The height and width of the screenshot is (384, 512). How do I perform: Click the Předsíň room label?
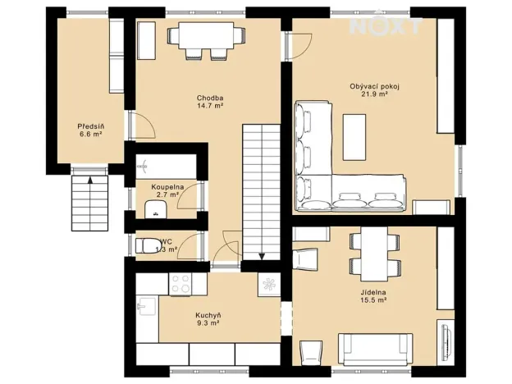click(90, 126)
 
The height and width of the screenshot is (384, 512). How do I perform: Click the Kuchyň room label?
click(208, 315)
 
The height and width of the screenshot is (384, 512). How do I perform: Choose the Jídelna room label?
click(373, 293)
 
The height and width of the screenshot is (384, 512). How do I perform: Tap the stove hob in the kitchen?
click(181, 284)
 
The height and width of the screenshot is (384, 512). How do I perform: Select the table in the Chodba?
click(208, 36)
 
